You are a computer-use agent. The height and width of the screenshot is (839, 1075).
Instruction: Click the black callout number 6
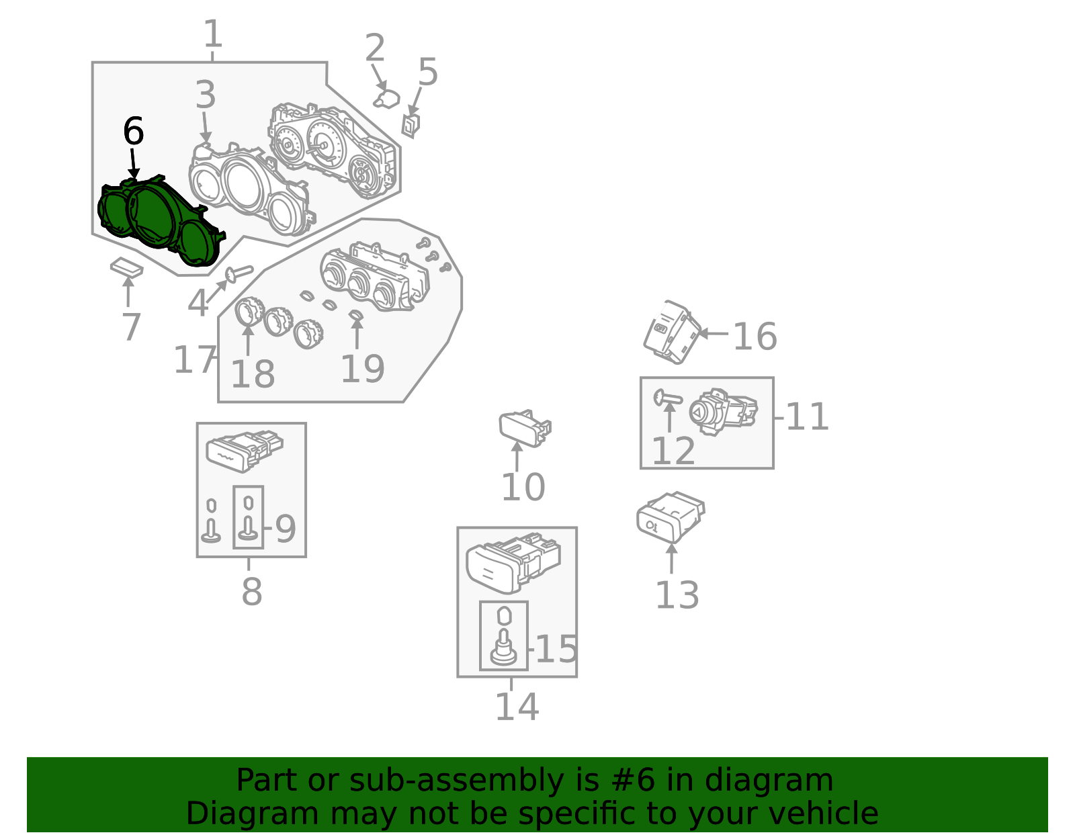tap(134, 131)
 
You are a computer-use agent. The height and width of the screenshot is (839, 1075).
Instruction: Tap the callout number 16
tap(755, 337)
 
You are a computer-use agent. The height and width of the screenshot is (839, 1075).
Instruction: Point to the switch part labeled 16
tap(671, 333)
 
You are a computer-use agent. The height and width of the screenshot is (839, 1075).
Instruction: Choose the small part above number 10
tap(524, 428)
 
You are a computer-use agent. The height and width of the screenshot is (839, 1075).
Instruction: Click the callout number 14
tap(517, 707)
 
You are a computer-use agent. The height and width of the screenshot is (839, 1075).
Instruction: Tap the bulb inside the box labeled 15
tap(504, 637)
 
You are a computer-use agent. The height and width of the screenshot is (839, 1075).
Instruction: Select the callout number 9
tap(285, 529)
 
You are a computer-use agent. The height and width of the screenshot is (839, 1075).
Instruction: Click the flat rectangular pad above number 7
tap(126, 267)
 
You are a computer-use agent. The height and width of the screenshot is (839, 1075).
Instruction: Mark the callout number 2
tap(374, 48)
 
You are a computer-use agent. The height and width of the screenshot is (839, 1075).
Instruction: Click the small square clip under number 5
tap(411, 126)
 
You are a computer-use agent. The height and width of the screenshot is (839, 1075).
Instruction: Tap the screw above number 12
tap(667, 398)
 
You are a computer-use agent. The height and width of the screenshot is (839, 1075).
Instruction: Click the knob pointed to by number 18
tap(250, 311)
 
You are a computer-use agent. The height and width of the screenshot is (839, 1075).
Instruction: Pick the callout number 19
tap(363, 369)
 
